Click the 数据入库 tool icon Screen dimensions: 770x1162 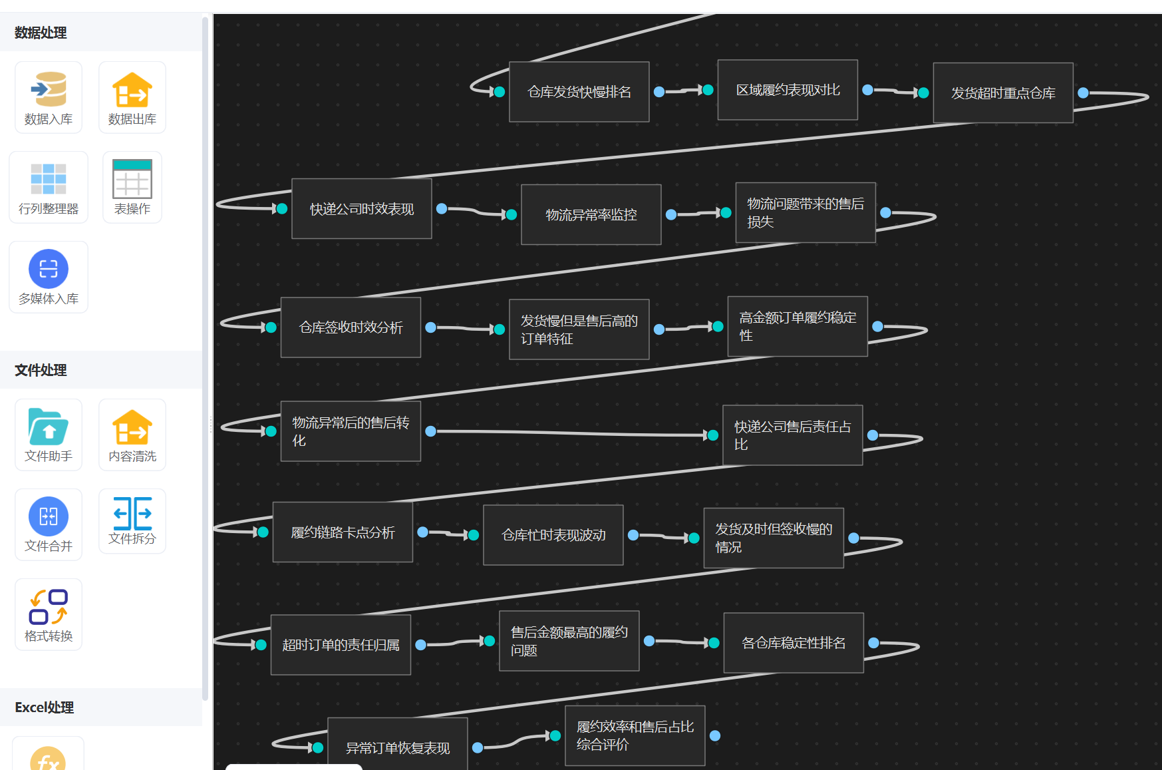(x=49, y=90)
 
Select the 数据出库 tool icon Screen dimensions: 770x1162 (x=132, y=90)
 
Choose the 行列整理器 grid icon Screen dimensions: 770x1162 (x=49, y=179)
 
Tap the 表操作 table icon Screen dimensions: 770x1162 (x=132, y=179)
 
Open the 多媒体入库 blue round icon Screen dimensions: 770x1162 (x=49, y=269)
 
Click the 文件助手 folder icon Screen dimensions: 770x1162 (x=49, y=427)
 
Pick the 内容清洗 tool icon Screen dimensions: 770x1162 (x=132, y=427)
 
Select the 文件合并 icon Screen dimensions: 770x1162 (x=49, y=516)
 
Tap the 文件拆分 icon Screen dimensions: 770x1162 (x=132, y=514)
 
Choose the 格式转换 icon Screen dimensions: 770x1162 (x=49, y=606)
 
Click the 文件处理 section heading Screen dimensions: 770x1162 (x=41, y=370)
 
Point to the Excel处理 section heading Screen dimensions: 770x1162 (x=45, y=707)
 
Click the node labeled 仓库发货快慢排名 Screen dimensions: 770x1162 (x=579, y=92)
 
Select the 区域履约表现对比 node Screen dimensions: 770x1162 (x=788, y=90)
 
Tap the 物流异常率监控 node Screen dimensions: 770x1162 (x=591, y=215)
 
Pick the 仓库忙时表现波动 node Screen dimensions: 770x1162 (x=553, y=535)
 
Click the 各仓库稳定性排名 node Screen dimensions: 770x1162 (x=794, y=643)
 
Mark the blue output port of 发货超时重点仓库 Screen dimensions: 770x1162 (x=1084, y=93)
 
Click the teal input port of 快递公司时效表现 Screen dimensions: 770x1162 (x=282, y=209)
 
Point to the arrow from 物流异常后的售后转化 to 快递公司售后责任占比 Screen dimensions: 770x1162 (x=572, y=433)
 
